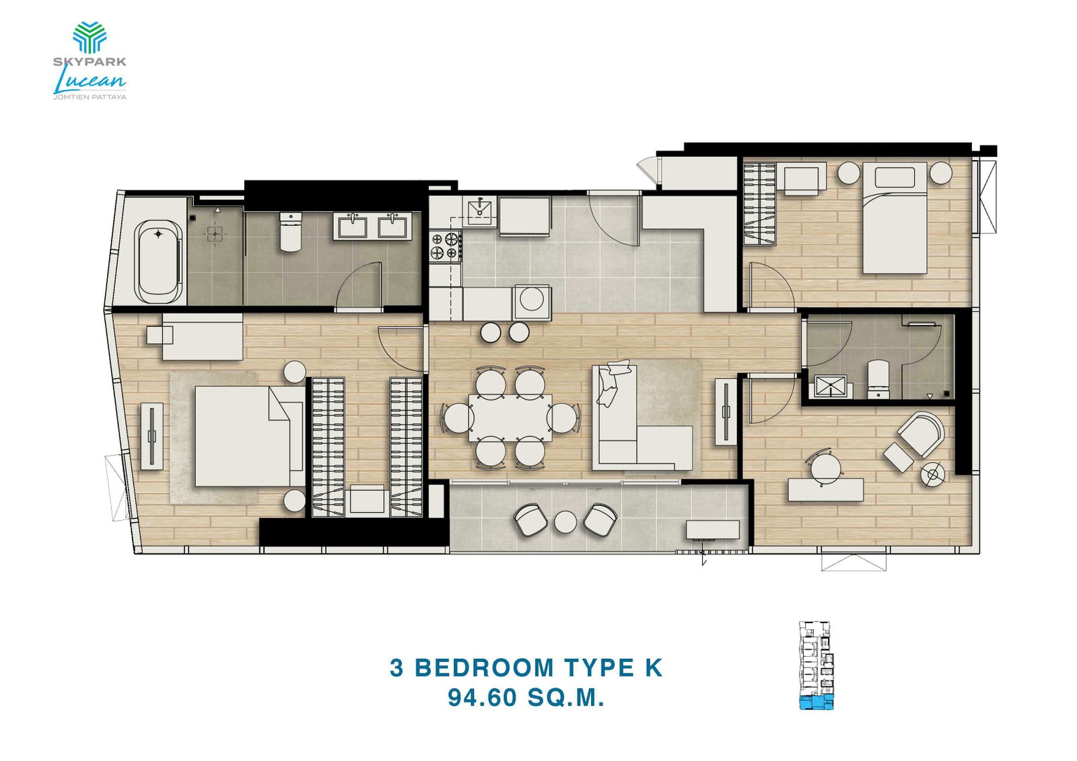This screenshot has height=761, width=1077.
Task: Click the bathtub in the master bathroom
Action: [x=158, y=262]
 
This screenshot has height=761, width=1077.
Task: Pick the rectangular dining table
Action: [x=510, y=418]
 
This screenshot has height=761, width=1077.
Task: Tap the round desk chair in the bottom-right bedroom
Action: [x=825, y=466]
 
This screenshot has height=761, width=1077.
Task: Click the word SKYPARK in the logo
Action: [x=90, y=62]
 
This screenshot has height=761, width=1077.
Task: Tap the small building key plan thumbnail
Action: [x=817, y=665]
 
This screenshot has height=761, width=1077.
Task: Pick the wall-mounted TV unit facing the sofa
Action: [x=726, y=411]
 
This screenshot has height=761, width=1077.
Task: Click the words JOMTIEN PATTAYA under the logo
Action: [x=90, y=97]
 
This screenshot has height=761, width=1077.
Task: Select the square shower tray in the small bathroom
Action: [x=828, y=386]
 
